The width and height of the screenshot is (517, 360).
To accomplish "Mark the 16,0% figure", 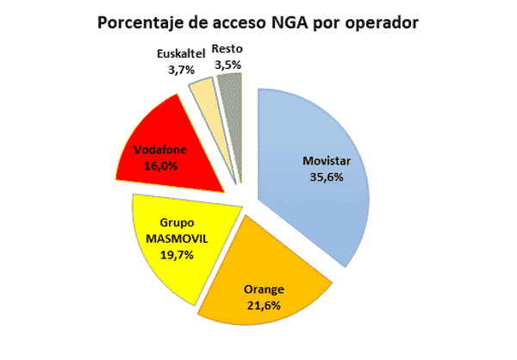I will pyautogui.click(x=155, y=164).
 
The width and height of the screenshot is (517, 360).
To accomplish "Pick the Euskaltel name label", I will pyautogui.click(x=180, y=53).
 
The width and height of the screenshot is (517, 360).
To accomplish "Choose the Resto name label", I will pyautogui.click(x=227, y=49).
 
